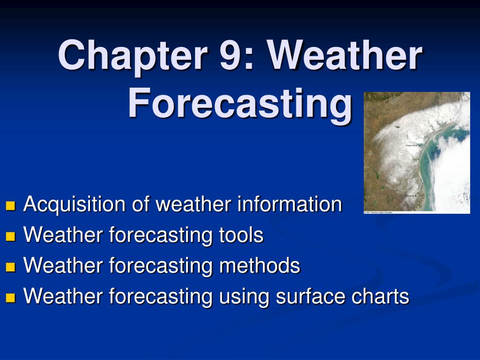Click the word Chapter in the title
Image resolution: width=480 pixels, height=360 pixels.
click(132, 56)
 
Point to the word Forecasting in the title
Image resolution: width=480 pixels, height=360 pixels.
click(240, 105)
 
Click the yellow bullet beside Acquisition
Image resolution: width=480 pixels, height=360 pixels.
click(11, 206)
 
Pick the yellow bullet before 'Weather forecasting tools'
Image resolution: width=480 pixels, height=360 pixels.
click(11, 236)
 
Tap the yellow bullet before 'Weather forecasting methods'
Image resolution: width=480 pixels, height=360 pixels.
click(11, 267)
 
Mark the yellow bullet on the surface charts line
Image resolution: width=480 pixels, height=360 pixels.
click(11, 297)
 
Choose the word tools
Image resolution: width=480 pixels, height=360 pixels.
click(241, 235)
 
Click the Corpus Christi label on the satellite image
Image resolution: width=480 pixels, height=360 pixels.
click(412, 145)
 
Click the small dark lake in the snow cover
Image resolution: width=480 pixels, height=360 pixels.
click(397, 126)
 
